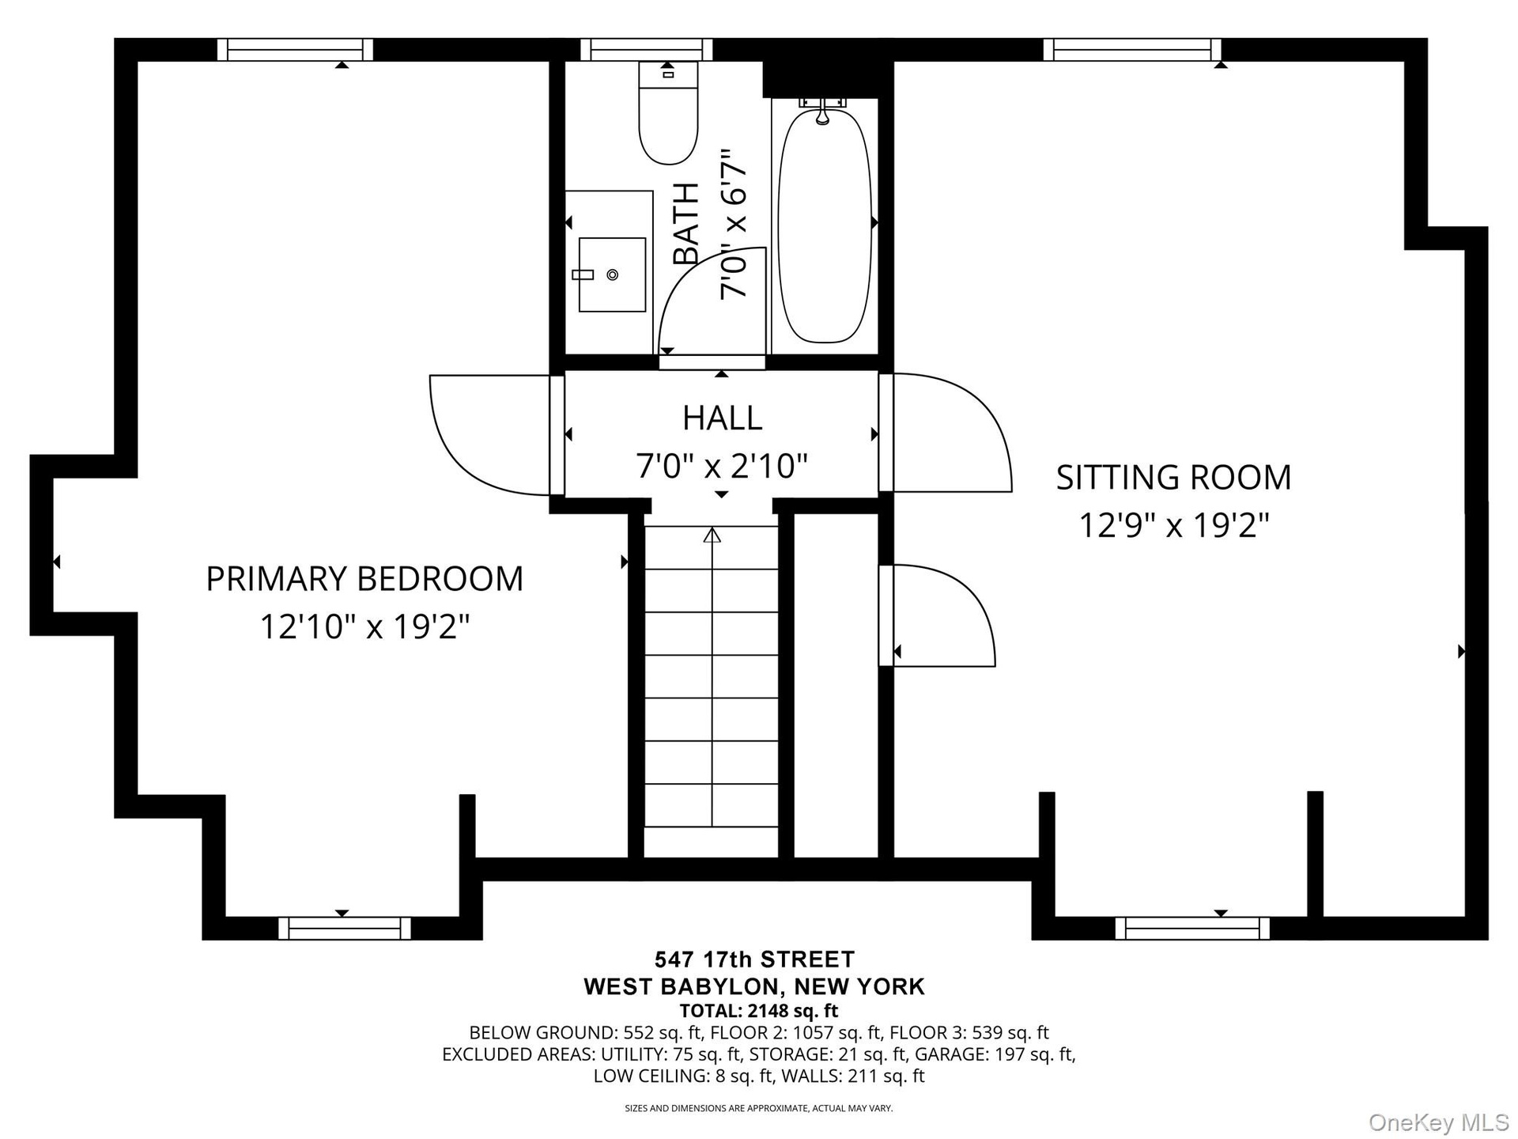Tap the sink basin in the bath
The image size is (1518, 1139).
tap(612, 274)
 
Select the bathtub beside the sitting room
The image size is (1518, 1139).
tap(825, 225)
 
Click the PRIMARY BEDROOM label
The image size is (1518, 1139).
tap(364, 579)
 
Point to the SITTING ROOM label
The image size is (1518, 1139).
tap(1173, 478)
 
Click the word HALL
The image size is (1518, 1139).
tap(722, 418)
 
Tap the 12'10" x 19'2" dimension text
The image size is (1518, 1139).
tap(364, 627)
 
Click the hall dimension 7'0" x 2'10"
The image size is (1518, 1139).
tap(722, 466)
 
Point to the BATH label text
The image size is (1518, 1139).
tap(686, 224)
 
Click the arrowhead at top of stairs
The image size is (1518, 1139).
tap(712, 535)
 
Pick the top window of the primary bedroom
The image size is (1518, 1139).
tap(295, 50)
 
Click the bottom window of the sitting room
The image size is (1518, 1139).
tap(1192, 928)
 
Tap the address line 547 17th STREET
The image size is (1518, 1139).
tap(755, 959)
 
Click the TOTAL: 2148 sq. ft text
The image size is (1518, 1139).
tap(758, 1011)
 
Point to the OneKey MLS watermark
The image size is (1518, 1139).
tap(1439, 1122)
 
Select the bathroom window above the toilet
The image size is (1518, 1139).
tap(647, 50)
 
